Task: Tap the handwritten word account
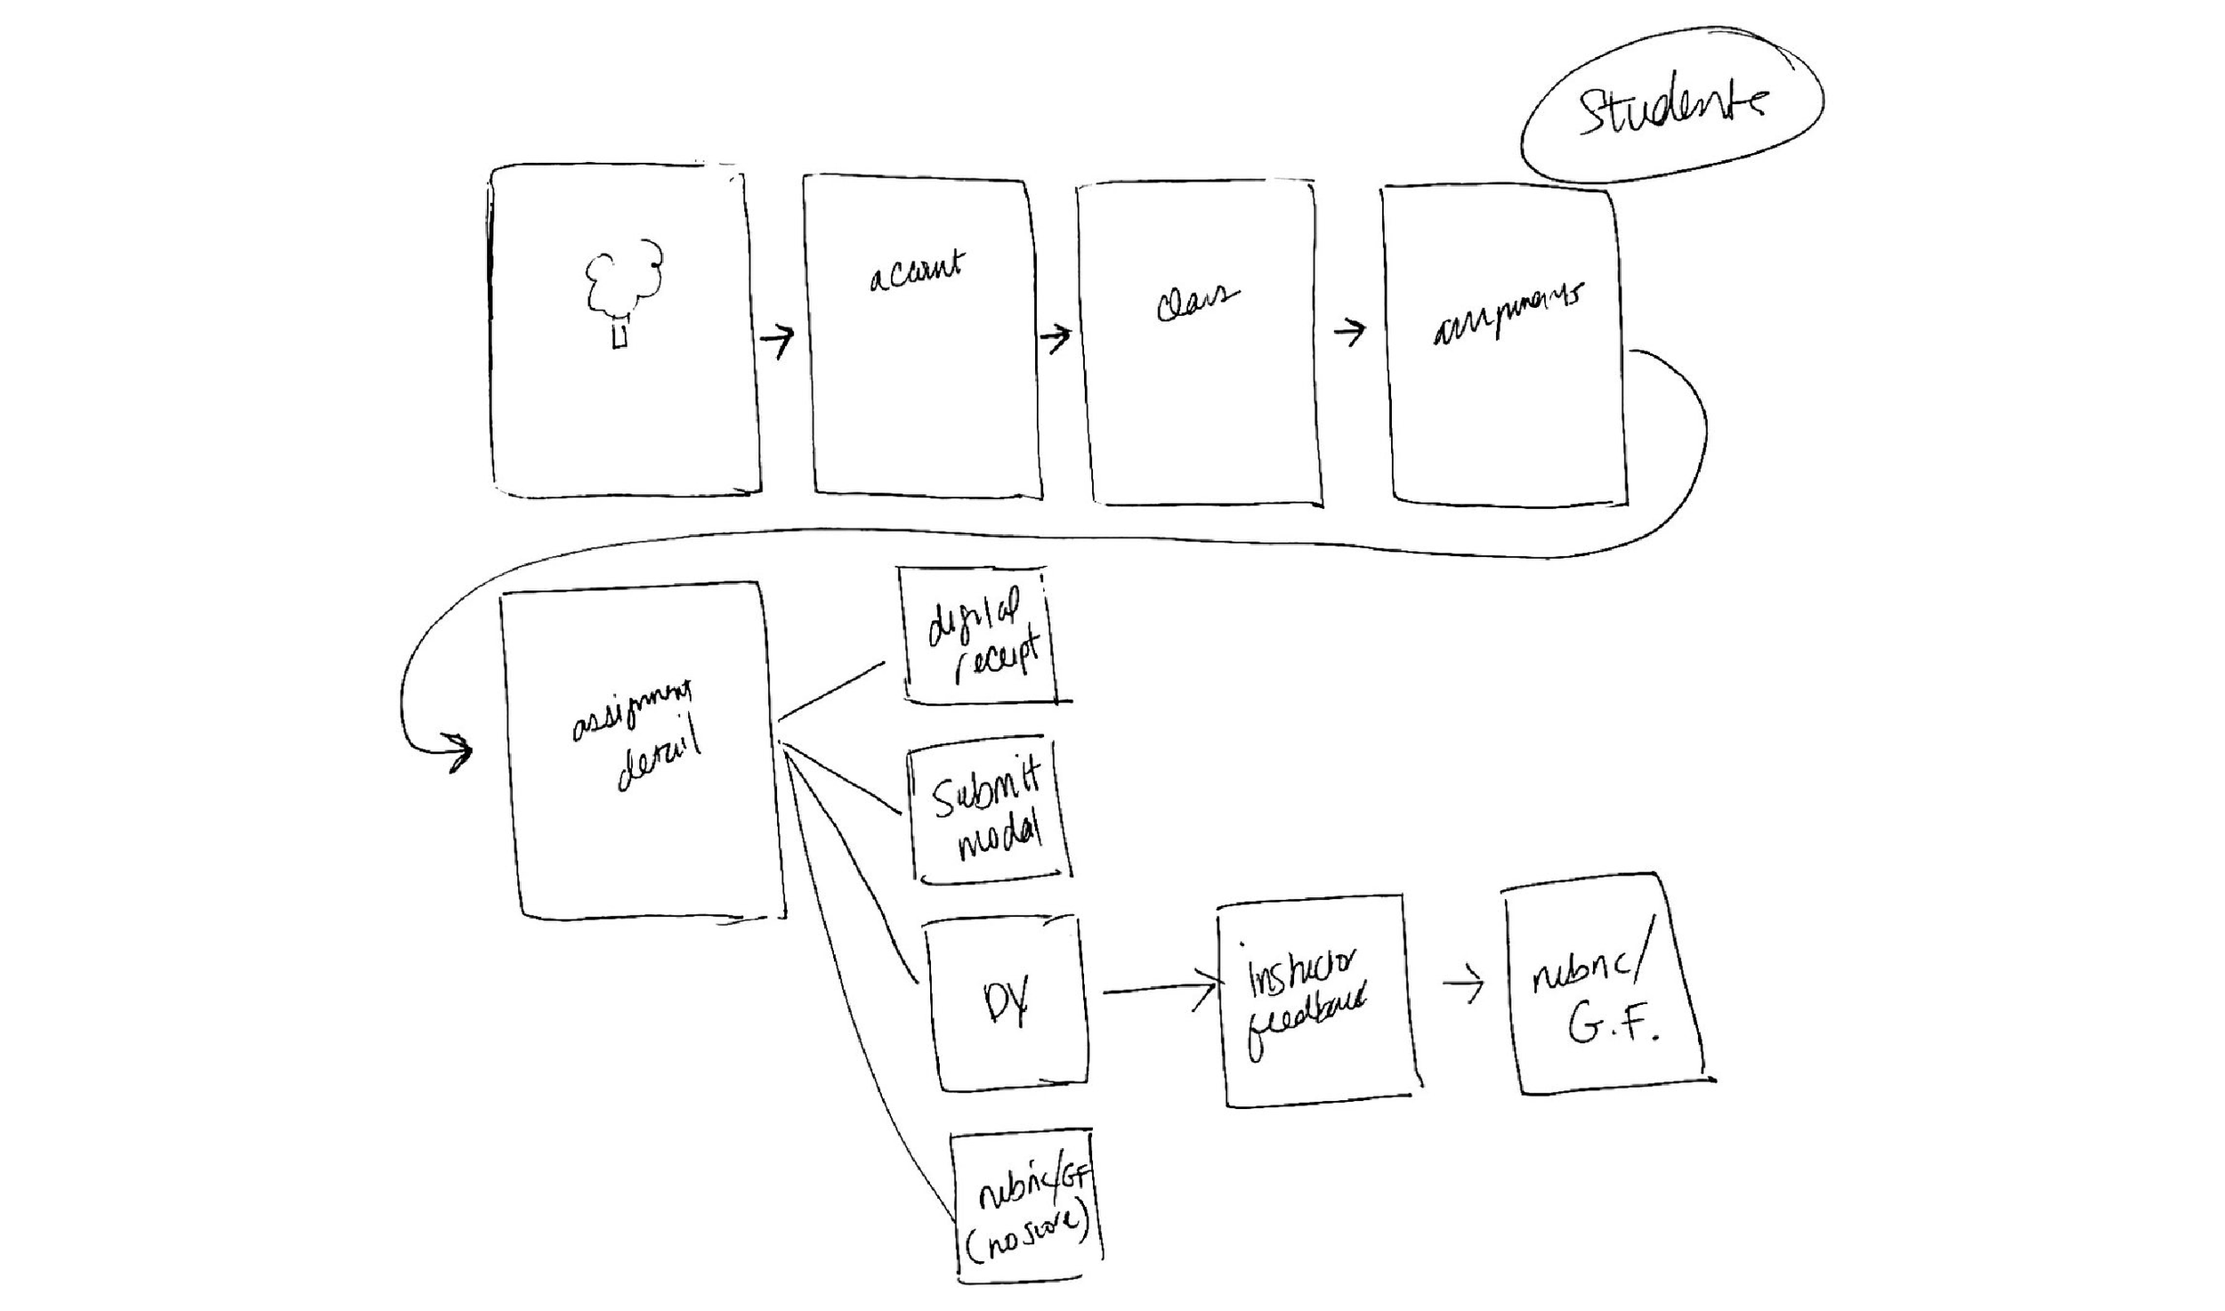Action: click(x=917, y=271)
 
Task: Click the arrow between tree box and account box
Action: click(x=777, y=339)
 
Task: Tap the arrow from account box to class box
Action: click(x=1056, y=337)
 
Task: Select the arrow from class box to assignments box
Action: click(x=1349, y=332)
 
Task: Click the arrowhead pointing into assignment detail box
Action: click(x=460, y=753)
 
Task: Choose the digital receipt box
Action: click(x=979, y=635)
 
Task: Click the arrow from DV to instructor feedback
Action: click(x=1157, y=989)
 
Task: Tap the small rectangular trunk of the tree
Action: click(x=621, y=336)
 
